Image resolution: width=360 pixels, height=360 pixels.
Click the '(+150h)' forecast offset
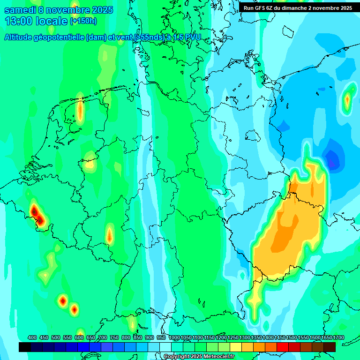[83, 21]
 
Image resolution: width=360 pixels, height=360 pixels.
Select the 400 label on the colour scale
[32, 337]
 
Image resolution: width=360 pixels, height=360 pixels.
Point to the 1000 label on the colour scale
[174, 337]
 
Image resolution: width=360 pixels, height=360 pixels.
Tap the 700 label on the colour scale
[103, 337]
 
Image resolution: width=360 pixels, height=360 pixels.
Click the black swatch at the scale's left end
[25, 347]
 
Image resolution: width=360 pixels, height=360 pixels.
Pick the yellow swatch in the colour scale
[236, 347]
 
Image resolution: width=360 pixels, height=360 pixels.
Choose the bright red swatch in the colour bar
[283, 347]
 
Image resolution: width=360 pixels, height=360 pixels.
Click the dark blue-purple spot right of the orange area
[332, 162]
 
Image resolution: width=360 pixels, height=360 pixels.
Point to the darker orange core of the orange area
[284, 237]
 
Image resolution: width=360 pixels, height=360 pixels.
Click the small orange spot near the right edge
[347, 99]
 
